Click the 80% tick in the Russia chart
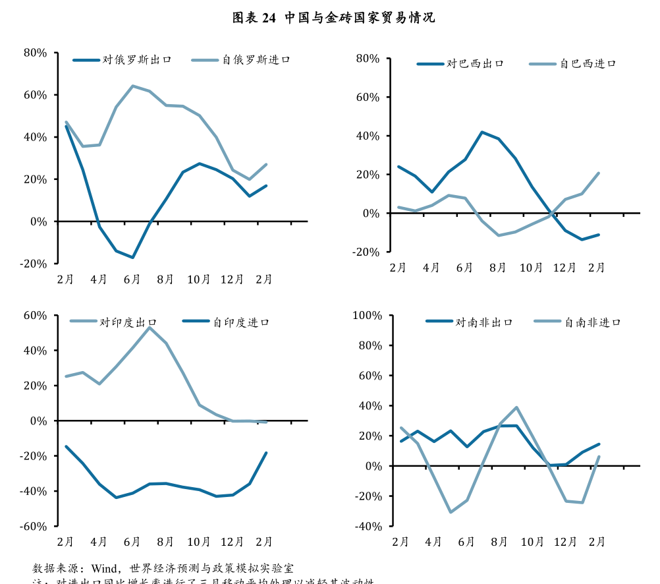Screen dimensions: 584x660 [x=34, y=53]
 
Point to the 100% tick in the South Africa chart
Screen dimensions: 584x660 [x=367, y=316]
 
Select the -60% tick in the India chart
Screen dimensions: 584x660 [x=34, y=527]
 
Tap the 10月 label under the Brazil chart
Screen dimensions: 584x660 [x=531, y=268]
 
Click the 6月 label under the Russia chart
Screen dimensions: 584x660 [x=132, y=279]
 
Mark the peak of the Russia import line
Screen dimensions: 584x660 [x=132, y=86]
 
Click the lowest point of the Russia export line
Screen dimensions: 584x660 [x=132, y=257]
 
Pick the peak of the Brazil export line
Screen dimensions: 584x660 [x=481, y=132]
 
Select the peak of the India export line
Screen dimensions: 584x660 [x=150, y=328]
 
